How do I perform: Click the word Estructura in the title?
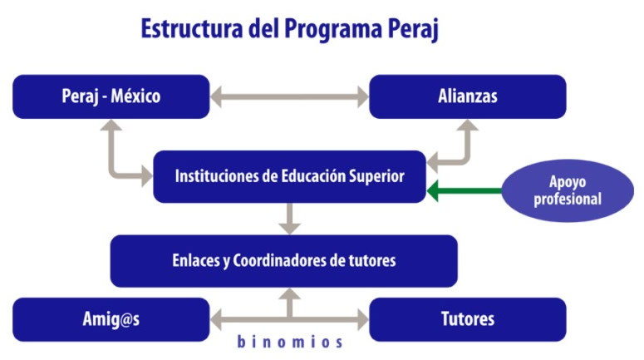point(192,29)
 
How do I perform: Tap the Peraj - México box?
point(111,96)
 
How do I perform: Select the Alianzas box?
point(468,96)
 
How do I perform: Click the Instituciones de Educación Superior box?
point(289,176)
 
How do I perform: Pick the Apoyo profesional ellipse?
point(568,190)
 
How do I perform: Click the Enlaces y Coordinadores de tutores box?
point(284,261)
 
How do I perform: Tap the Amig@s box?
point(111,319)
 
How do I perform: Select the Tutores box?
point(468,319)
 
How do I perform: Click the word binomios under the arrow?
point(290,342)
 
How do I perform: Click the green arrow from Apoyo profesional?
point(465,190)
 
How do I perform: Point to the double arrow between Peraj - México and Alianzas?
point(289,97)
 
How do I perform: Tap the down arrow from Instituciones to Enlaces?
point(289,219)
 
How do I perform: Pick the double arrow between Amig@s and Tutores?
point(289,319)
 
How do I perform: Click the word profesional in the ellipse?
point(568,200)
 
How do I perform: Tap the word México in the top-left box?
point(135,96)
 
